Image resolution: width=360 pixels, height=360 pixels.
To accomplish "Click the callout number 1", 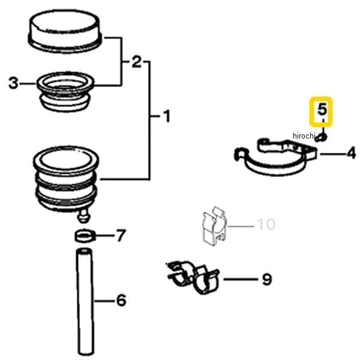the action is pyautogui.click(x=167, y=116).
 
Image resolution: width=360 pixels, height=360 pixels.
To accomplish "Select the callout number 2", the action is pyautogui.click(x=136, y=62).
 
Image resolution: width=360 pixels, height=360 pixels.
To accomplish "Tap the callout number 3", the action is pyautogui.click(x=13, y=83).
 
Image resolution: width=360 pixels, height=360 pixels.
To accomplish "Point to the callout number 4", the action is pyautogui.click(x=351, y=154).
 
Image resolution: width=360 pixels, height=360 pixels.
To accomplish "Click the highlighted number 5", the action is pyautogui.click(x=322, y=109).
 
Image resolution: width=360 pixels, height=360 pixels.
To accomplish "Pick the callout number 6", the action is pyautogui.click(x=122, y=300).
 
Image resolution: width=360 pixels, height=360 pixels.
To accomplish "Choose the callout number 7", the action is pyautogui.click(x=121, y=236).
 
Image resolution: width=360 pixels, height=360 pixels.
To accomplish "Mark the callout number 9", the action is pyautogui.click(x=267, y=279).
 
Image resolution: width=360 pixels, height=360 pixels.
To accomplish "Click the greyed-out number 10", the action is pyautogui.click(x=266, y=224).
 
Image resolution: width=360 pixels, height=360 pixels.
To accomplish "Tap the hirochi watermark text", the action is pyautogui.click(x=303, y=136).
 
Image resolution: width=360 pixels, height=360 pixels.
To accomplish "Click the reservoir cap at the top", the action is pyautogui.click(x=65, y=31).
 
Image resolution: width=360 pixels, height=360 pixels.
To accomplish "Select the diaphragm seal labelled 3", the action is pyautogui.click(x=65, y=92).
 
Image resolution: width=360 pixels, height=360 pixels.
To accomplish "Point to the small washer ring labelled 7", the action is pyautogui.click(x=85, y=235).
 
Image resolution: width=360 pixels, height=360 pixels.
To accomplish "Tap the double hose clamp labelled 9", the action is pyautogui.click(x=193, y=277).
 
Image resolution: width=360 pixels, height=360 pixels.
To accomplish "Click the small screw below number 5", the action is pyautogui.click(x=322, y=137).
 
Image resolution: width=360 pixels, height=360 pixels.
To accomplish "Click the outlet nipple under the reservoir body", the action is pyautogui.click(x=84, y=216).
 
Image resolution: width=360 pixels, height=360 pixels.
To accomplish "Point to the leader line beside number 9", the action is pyautogui.click(x=241, y=280).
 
